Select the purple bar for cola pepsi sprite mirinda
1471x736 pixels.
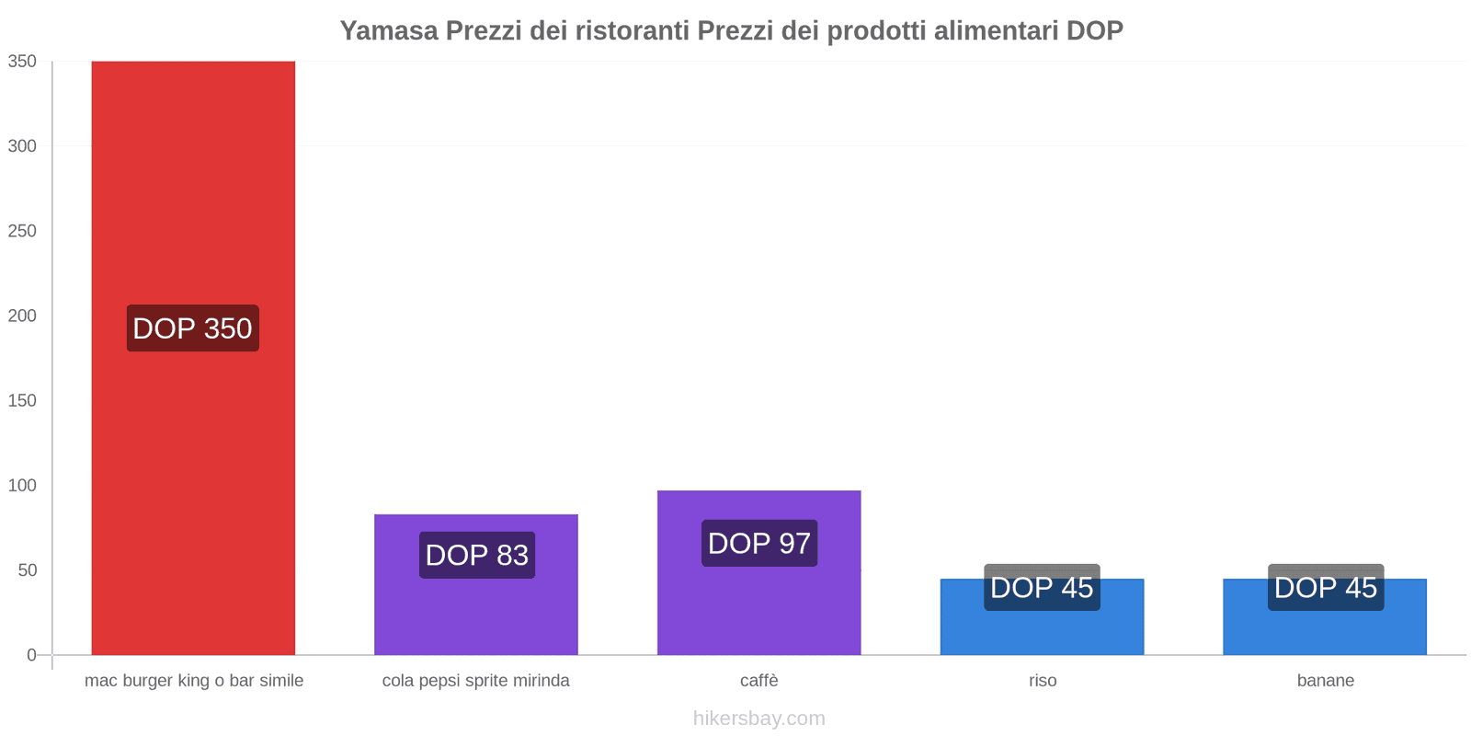pyautogui.click(x=475, y=607)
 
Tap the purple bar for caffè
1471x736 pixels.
pyautogui.click(x=758, y=607)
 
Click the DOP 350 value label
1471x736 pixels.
pyautogui.click(x=192, y=328)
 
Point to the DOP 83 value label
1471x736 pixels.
pyautogui.click(x=476, y=556)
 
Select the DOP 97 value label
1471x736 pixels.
pyautogui.click(x=759, y=544)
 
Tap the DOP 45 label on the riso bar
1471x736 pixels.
pyautogui.click(x=1042, y=587)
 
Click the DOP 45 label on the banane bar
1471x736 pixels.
pyautogui.click(x=1325, y=587)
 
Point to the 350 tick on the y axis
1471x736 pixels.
pyautogui.click(x=23, y=62)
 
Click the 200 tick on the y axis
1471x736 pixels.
pyautogui.click(x=23, y=316)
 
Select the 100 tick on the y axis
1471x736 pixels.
pyautogui.click(x=23, y=486)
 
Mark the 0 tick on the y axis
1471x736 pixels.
pyautogui.click(x=31, y=655)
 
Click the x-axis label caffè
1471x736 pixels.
pyautogui.click(x=758, y=681)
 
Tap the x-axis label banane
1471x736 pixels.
pyautogui.click(x=1325, y=681)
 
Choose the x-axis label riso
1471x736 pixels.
pyautogui.click(x=1043, y=681)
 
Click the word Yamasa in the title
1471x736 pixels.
pyautogui.click(x=389, y=30)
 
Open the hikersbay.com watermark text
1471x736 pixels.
pyautogui.click(x=758, y=719)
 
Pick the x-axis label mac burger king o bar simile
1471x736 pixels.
pyautogui.click(x=193, y=681)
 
